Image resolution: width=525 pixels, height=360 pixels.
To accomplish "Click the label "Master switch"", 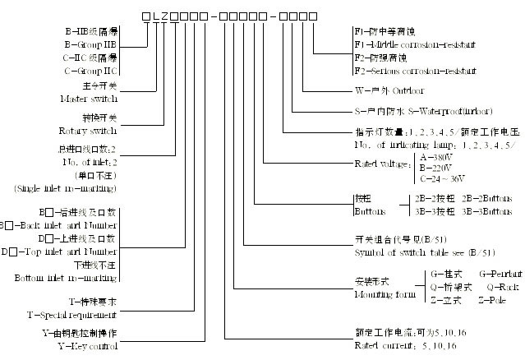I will [x=91, y=99].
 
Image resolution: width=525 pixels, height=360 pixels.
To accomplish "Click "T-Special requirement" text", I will [x=71, y=315].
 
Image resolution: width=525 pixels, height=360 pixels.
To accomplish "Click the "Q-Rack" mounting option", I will [x=504, y=287].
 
